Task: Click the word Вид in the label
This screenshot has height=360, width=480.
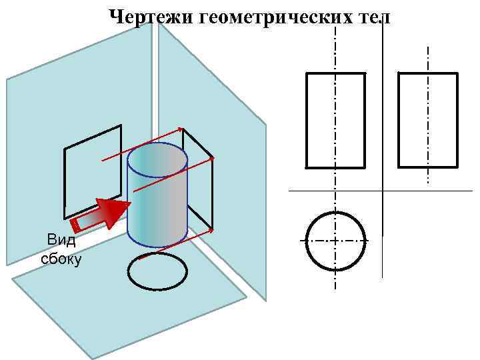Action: click(61, 240)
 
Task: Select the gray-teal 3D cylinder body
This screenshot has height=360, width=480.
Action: click(157, 200)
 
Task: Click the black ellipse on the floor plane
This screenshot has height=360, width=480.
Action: click(157, 272)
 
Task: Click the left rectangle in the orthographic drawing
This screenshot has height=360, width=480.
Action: click(335, 120)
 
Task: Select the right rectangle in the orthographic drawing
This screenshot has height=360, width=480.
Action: click(428, 120)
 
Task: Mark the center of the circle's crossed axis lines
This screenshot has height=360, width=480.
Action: click(336, 241)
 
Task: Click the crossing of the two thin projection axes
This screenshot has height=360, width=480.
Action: click(383, 191)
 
